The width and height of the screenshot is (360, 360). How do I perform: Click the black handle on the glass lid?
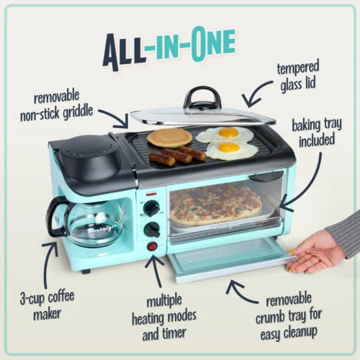[202, 96]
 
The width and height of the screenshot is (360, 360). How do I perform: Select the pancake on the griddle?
[169, 138]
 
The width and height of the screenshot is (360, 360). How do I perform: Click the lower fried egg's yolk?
[230, 148]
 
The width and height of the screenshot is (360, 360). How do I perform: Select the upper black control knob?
[151, 209]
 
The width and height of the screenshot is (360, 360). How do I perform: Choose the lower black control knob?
[151, 230]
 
